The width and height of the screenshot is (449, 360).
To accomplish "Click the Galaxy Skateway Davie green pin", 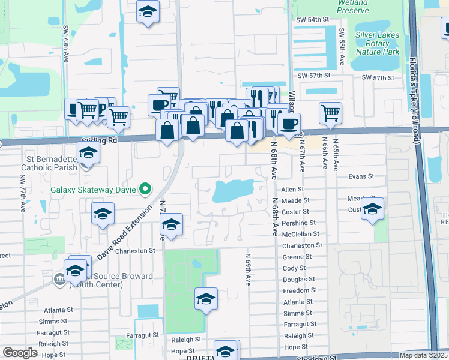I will pyautogui.click(x=145, y=190).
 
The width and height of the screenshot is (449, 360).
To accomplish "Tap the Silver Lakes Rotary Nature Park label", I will pyautogui.click(x=377, y=43).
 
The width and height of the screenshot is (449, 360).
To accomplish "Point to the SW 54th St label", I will pyautogui.click(x=313, y=20).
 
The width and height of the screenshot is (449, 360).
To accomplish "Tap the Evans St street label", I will pyautogui.click(x=361, y=177).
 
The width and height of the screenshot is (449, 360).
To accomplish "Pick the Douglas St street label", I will pyautogui.click(x=298, y=280).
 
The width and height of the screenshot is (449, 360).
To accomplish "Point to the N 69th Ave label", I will pyautogui.click(x=247, y=268).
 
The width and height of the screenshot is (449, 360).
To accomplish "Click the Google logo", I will pyautogui.click(x=20, y=352).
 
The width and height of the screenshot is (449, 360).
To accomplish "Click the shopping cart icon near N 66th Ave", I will pyautogui.click(x=331, y=113).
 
